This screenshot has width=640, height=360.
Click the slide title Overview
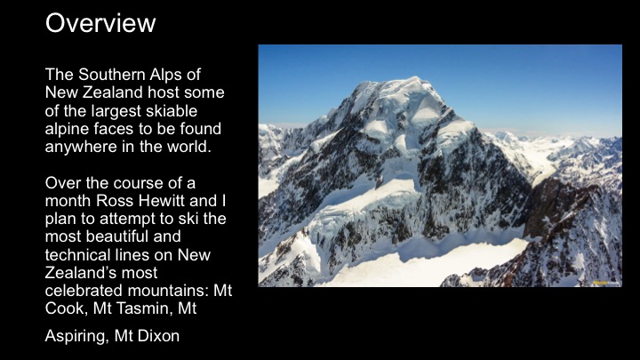point(100,22)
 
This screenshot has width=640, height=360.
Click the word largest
point(112,111)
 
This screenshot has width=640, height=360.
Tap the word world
point(190,147)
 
